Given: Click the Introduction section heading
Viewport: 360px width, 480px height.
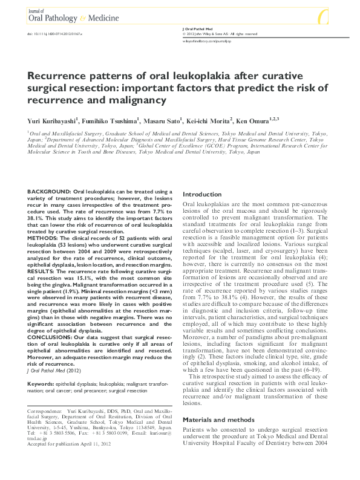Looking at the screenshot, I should (x=202, y=195).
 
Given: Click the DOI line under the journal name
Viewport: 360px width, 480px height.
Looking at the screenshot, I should (x=53, y=34).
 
